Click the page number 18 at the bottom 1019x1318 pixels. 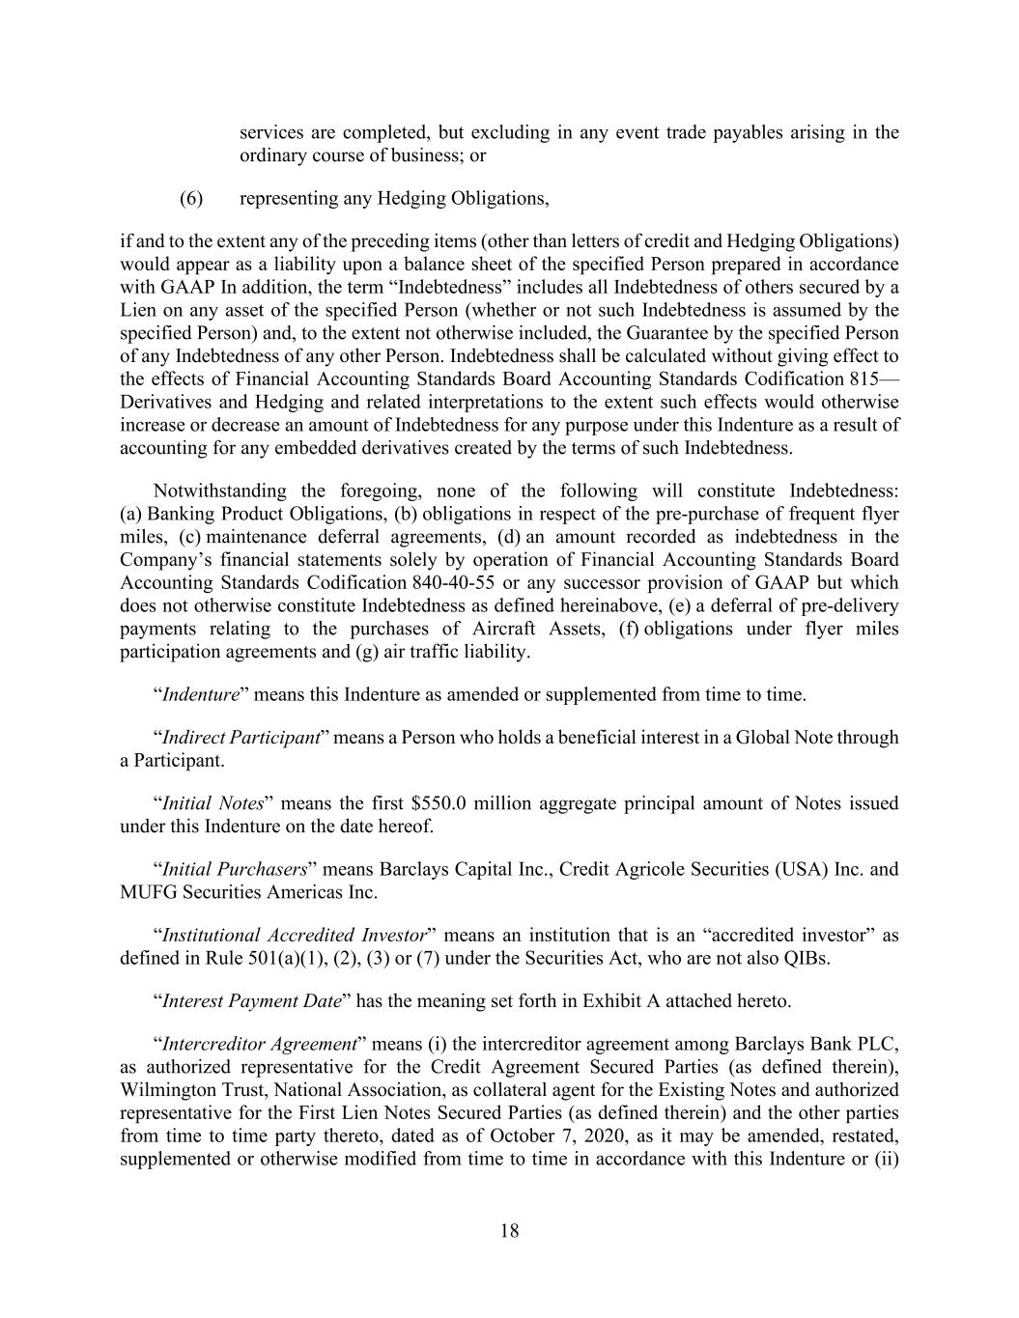(510, 1230)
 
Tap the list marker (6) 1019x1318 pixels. (191, 198)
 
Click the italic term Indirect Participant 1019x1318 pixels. (241, 738)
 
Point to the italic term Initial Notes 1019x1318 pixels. (212, 803)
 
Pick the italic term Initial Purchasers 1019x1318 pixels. (234, 869)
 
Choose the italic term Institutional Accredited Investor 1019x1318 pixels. (294, 935)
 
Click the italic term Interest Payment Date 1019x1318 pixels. (251, 1000)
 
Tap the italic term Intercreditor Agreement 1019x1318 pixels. (260, 1044)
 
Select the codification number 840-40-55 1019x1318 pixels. (457, 582)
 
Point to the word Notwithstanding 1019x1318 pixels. (219, 491)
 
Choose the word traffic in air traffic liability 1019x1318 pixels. (422, 652)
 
